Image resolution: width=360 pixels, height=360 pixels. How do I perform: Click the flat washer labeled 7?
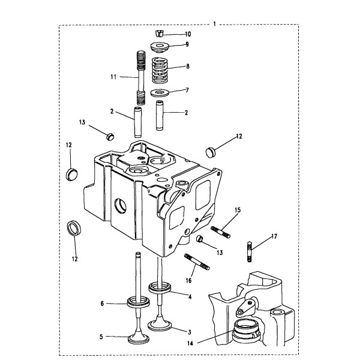(x=159, y=92)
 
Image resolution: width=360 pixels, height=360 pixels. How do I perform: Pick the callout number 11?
(x=112, y=77)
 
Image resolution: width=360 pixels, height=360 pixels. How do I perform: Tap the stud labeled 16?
(x=196, y=262)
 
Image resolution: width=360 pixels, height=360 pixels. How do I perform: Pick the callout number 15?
(x=238, y=210)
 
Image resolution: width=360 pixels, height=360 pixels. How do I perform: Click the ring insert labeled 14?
(x=244, y=329)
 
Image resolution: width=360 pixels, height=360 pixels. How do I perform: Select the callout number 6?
(x=103, y=304)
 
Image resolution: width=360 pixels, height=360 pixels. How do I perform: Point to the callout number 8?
(x=188, y=68)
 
